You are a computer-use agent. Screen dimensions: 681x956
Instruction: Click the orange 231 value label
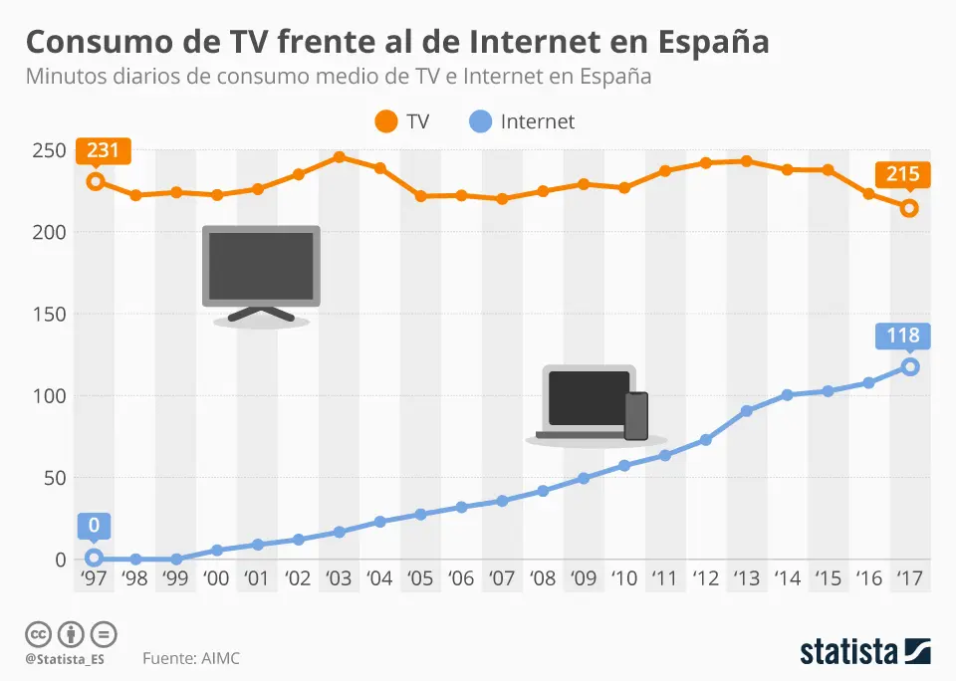pos(103,151)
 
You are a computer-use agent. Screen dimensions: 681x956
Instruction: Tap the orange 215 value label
pos(902,175)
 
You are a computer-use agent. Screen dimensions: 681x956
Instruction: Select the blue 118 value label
pos(902,337)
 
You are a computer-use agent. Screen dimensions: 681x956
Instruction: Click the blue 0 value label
pos(94,526)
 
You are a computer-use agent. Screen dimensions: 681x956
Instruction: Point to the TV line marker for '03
pos(339,157)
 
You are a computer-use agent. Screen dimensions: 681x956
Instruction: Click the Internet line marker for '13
pos(747,410)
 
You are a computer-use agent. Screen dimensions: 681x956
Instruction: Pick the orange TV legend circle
pos(385,122)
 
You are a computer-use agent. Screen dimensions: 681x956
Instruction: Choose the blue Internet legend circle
pos(480,122)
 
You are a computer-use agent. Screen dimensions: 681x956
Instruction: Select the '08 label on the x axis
pos(543,578)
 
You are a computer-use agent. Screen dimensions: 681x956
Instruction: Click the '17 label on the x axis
pos(909,578)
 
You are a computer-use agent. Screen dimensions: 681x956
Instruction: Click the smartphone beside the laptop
pos(635,415)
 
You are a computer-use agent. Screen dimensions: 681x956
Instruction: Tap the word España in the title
pos(713,42)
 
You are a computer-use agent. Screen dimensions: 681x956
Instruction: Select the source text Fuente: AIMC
pos(191,658)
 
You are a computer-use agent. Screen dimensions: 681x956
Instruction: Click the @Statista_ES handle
pos(65,658)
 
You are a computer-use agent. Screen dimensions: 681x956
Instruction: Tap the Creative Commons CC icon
pos(38,633)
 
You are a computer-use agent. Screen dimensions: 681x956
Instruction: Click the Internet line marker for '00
pos(216,550)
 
